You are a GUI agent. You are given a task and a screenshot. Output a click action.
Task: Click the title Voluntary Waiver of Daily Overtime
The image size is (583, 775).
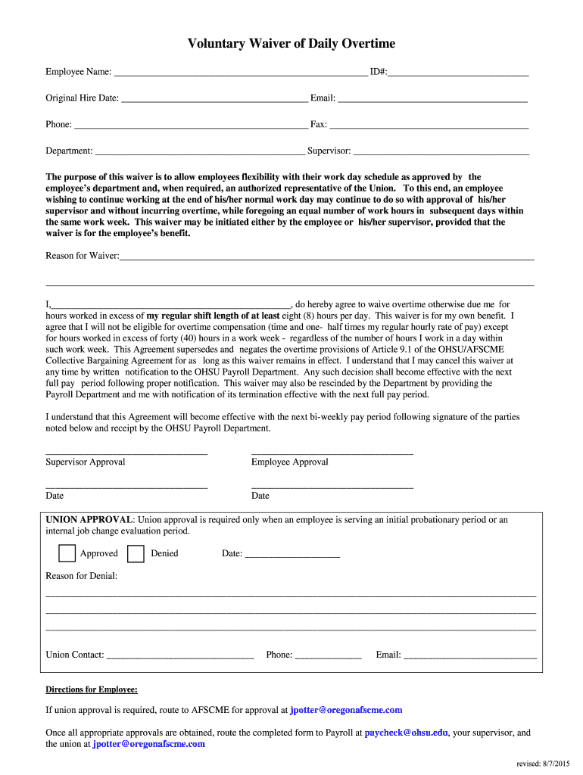click(x=291, y=44)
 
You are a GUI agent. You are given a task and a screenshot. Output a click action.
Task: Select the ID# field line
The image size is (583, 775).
click(x=458, y=73)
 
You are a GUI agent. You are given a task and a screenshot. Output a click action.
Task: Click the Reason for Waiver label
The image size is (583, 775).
click(x=82, y=256)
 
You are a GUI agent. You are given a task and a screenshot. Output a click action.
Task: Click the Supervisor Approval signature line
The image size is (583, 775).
click(x=126, y=452)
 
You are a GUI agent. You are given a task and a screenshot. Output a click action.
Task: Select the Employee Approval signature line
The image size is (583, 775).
click(x=332, y=452)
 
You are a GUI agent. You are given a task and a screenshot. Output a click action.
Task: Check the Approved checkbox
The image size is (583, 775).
click(x=67, y=554)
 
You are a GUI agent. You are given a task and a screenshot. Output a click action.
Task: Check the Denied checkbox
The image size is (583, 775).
click(x=136, y=554)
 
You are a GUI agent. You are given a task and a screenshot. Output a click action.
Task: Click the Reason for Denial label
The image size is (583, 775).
click(x=82, y=576)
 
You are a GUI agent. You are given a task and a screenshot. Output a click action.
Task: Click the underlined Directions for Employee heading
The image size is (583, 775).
click(x=92, y=689)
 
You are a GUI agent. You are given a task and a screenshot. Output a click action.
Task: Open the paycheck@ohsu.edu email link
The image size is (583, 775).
click(x=407, y=733)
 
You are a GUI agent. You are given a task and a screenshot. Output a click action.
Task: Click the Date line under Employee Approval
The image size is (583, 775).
click(x=332, y=486)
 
